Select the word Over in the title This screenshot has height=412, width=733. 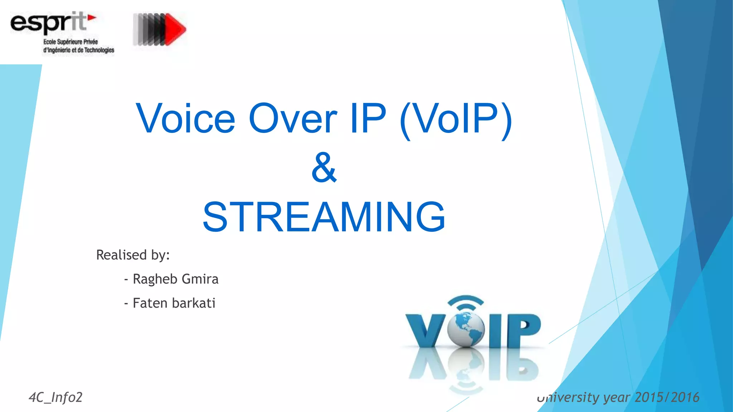coord(293,118)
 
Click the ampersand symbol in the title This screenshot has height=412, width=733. coord(324,167)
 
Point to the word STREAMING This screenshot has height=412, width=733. coord(324,217)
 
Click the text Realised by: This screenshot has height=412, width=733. coord(133,255)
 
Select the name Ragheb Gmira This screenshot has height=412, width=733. coord(175,279)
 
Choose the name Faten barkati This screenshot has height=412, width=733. coord(174,303)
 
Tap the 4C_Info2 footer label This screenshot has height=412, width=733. coord(55,397)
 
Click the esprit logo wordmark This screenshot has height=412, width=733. coord(48,22)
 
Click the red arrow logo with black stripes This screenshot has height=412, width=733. coord(160,29)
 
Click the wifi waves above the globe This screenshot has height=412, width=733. coord(466,302)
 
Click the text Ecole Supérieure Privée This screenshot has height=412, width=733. coord(71,42)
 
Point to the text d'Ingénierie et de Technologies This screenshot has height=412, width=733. coord(79,50)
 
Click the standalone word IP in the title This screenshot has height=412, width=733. coord(368,118)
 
